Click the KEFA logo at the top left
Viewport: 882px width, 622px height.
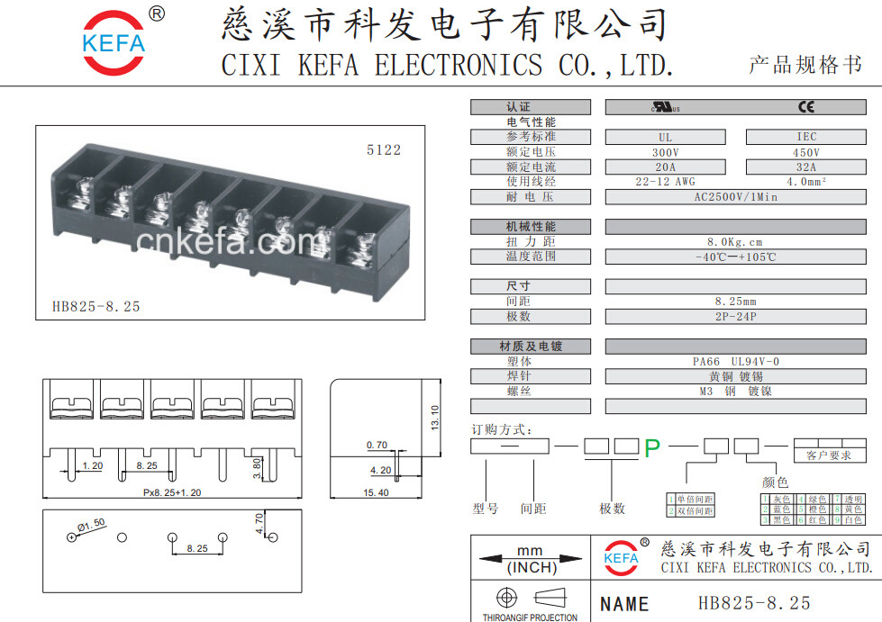[x=114, y=42]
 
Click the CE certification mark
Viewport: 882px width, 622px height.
[x=805, y=107]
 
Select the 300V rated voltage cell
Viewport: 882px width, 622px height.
[x=665, y=152]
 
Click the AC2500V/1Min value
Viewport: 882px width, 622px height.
[x=736, y=196]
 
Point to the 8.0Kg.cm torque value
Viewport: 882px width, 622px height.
[x=735, y=241]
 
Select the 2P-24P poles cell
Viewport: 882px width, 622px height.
[x=735, y=316]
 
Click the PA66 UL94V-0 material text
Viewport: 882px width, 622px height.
[x=735, y=361]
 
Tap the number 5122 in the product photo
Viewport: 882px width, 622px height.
[x=383, y=150]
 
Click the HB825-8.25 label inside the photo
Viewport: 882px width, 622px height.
[x=96, y=306]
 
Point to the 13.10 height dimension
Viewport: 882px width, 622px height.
[x=435, y=417]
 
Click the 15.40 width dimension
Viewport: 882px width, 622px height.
[x=376, y=493]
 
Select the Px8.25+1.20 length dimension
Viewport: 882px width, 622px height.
[x=172, y=493]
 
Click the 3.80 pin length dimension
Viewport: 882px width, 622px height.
[x=258, y=468]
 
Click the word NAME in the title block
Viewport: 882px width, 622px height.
[x=624, y=604]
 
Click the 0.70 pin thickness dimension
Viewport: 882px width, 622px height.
[x=377, y=445]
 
